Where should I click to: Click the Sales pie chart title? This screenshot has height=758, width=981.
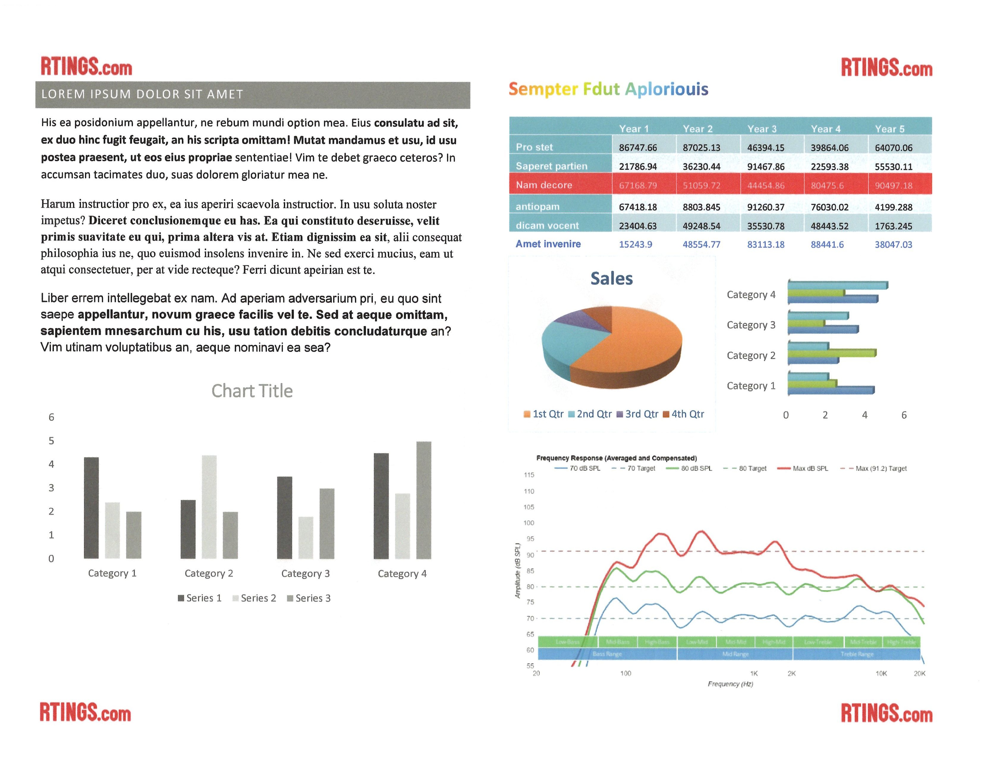[x=611, y=278]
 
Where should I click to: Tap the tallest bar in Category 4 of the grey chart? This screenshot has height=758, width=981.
[x=424, y=500]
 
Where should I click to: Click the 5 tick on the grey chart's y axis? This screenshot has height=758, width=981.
[x=51, y=441]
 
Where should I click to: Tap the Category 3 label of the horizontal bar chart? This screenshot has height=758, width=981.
[x=751, y=325]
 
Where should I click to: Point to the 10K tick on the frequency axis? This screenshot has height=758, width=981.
[x=881, y=673]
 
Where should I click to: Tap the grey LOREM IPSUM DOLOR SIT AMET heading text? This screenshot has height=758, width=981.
[x=142, y=94]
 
